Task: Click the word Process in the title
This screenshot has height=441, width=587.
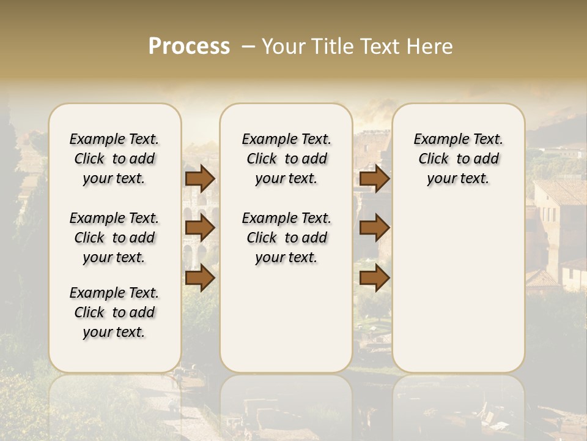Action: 189,47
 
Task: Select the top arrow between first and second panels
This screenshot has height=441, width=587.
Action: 200,179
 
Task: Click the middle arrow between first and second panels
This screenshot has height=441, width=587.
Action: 200,228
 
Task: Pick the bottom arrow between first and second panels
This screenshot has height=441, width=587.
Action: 200,278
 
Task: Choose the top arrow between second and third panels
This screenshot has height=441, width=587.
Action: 374,179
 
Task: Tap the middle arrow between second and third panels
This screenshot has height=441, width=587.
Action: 374,228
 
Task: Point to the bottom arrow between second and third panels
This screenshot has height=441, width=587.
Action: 374,278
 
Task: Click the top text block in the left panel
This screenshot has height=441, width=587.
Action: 114,159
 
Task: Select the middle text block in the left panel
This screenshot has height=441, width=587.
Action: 114,238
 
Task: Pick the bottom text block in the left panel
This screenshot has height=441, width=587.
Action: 114,312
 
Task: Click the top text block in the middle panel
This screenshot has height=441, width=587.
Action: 287,159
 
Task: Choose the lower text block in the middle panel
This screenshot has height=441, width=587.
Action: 287,238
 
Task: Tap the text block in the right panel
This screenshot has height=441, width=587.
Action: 459,159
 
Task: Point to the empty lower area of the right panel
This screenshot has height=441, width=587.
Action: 459,288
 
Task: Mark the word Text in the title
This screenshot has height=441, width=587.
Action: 378,47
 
